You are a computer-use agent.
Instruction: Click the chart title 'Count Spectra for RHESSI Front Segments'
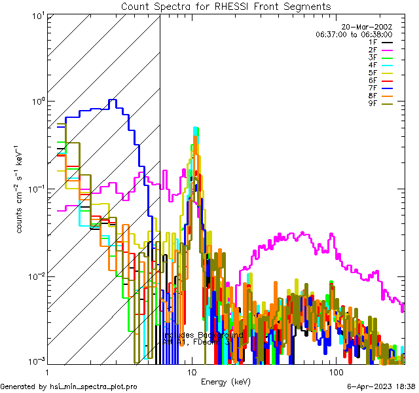(226, 7)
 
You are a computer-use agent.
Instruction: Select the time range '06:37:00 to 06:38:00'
(354, 34)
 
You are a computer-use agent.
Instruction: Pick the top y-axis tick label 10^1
(35, 14)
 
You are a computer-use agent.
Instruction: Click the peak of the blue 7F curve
(113, 100)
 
